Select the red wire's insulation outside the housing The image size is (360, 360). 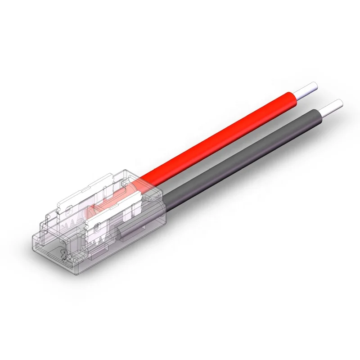point(225,135)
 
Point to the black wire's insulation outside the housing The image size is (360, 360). point(243,153)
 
